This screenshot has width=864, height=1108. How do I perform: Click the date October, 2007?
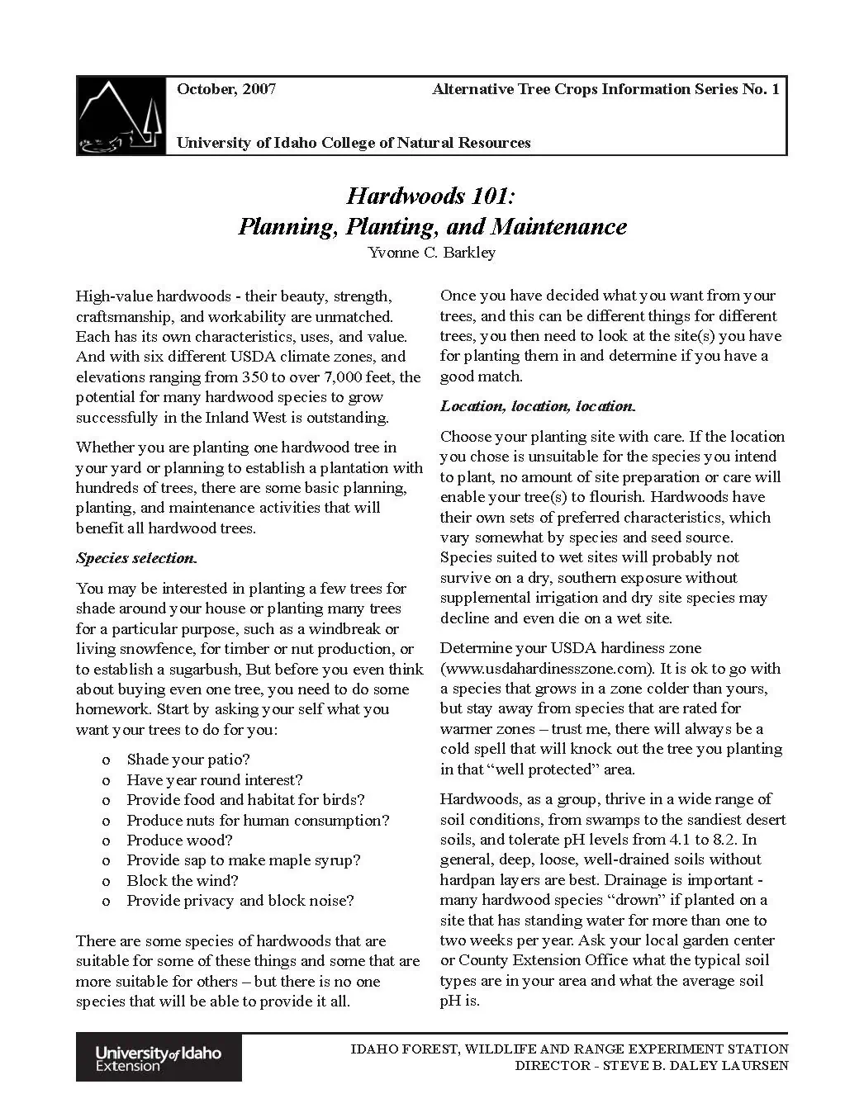click(226, 89)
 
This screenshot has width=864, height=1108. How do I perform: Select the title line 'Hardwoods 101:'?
click(431, 196)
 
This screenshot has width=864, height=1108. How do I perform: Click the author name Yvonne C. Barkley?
click(431, 253)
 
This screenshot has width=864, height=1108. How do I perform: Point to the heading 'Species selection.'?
click(136, 558)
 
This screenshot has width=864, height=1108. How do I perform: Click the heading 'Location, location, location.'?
click(538, 406)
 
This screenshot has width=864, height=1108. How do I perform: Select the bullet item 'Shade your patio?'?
click(188, 760)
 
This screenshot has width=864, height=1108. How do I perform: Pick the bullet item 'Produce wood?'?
click(179, 840)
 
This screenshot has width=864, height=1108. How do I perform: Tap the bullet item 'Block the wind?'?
click(182, 881)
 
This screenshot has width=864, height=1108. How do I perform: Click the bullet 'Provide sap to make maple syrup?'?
click(243, 860)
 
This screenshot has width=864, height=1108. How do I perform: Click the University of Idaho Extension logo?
click(159, 1058)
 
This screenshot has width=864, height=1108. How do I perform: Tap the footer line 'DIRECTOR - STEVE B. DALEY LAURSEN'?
click(652, 1066)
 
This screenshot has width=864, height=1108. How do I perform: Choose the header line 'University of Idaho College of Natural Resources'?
click(354, 143)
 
